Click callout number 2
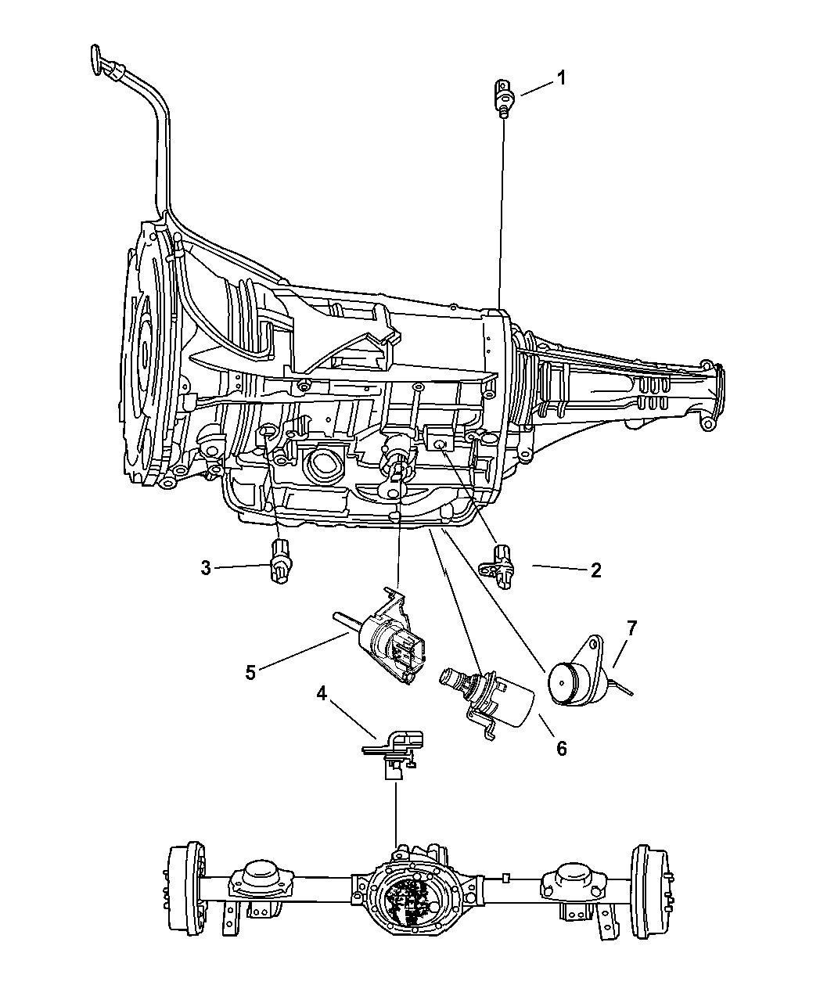pyautogui.click(x=595, y=570)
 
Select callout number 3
pyautogui.click(x=205, y=568)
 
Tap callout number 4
pyautogui.click(x=322, y=693)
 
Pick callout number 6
pyautogui.click(x=561, y=748)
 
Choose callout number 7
pyautogui.click(x=631, y=627)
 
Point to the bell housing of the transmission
pyautogui.click(x=149, y=352)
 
